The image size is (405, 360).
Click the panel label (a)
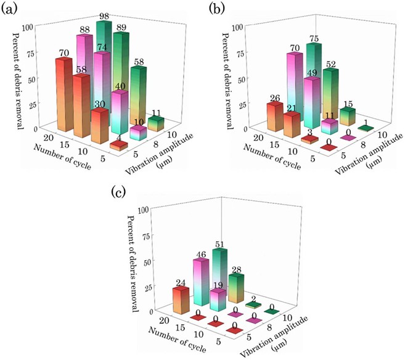11,9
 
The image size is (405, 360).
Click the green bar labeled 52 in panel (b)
331,92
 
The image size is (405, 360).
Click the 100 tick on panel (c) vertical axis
144,210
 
